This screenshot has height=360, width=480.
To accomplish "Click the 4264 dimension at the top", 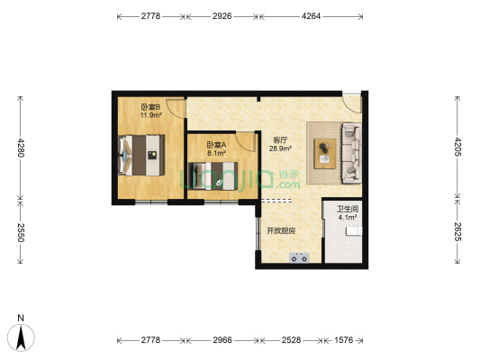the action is (x=311, y=16).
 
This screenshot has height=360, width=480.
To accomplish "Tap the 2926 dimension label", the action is (x=222, y=16).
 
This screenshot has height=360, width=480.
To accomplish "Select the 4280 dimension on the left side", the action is (x=20, y=148).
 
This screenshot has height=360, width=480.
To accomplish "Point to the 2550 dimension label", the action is (x=20, y=232).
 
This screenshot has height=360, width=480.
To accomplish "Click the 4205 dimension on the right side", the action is (x=457, y=147).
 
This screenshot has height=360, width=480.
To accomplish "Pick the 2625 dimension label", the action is (x=457, y=231).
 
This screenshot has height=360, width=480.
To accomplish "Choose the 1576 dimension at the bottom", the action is (x=343, y=340).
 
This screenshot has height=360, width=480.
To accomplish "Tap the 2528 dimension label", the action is (x=291, y=340).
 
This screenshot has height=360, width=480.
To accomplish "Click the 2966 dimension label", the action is (x=222, y=340).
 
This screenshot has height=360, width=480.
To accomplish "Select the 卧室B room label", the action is (x=150, y=107).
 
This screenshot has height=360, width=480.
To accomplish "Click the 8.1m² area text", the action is (x=217, y=153).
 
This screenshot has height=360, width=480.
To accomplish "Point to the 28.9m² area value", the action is (x=280, y=149).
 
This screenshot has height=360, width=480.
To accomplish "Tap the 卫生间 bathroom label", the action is (x=348, y=209).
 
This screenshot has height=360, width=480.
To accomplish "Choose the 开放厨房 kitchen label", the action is (x=281, y=231).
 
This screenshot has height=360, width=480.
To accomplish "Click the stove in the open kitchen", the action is (x=299, y=257).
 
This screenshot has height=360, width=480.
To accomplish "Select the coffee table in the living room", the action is (x=325, y=154).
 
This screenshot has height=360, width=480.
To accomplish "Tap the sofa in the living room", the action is (x=351, y=153).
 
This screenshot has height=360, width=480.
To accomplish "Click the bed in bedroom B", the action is (x=141, y=156).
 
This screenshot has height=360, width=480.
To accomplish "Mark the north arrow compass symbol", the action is (x=21, y=337).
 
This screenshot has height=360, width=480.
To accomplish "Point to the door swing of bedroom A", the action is (x=246, y=142).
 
